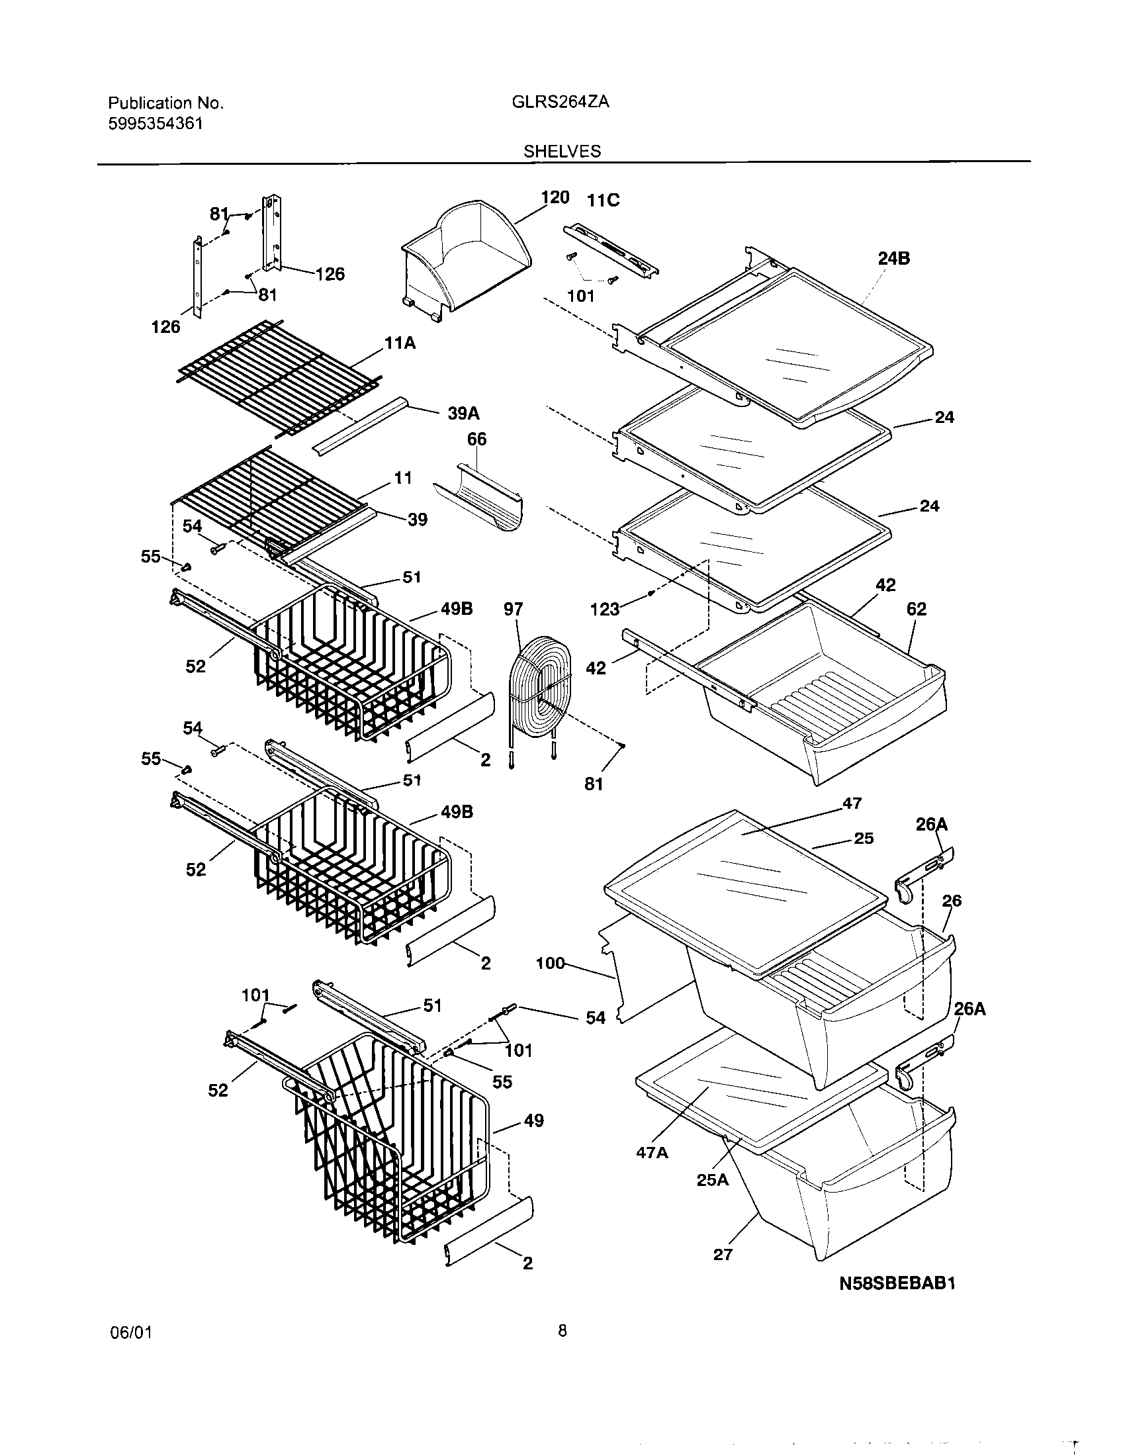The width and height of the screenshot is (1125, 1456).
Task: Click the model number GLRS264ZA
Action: (561, 102)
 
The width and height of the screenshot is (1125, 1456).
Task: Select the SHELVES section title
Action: (562, 152)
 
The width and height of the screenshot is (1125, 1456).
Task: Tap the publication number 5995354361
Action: (156, 123)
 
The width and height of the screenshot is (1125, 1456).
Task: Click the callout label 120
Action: (555, 197)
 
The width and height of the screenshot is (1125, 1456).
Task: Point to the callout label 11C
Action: (602, 200)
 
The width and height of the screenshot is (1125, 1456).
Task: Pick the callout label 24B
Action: (894, 259)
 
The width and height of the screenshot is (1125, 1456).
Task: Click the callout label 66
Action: (476, 439)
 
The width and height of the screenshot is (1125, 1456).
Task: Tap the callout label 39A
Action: (463, 414)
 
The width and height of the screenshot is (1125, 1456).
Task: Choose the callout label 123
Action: (604, 609)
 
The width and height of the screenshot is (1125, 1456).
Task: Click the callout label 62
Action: (917, 609)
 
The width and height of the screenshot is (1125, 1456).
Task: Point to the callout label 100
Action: (551, 964)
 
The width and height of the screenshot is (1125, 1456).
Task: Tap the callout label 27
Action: (723, 1255)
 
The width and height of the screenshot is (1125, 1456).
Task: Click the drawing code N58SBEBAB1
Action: (897, 1283)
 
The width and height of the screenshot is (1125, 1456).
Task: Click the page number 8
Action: (562, 1350)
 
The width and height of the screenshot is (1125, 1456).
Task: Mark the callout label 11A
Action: (400, 343)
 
